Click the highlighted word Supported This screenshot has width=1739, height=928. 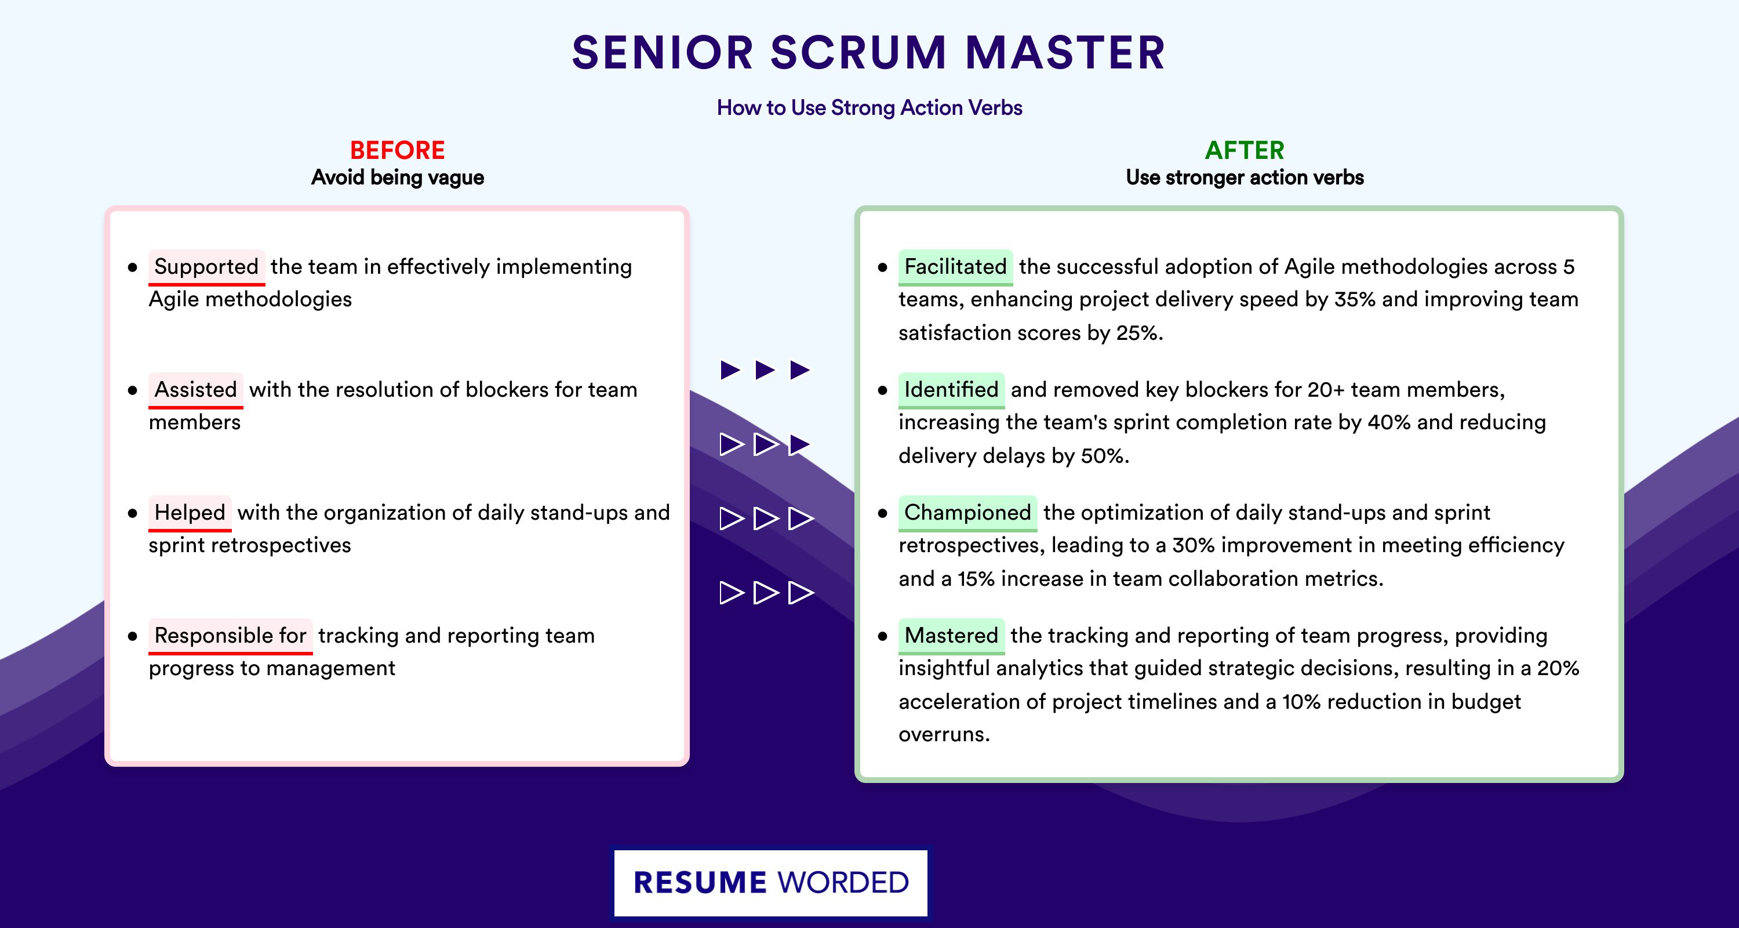pos(206,267)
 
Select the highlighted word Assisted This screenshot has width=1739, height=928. pos(196,390)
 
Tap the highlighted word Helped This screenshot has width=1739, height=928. pos(190,513)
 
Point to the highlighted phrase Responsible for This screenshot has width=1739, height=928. pos(230,636)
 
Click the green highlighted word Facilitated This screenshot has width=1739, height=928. pos(955,267)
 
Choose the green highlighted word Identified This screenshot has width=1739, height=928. pos(951,390)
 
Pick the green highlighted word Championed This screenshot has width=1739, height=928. pos(967,513)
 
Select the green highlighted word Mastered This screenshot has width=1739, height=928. pos(951,636)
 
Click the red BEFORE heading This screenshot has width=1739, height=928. pos(398,150)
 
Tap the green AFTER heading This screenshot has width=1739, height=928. pos(1245,150)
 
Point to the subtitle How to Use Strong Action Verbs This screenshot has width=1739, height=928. pos(869,107)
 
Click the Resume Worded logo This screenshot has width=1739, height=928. pos(771,883)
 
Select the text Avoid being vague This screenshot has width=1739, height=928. pos(398,177)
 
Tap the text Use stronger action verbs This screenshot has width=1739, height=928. pos(1245,177)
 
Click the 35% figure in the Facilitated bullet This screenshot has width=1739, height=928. pos(1355,299)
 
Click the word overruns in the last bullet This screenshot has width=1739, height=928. pos(944,734)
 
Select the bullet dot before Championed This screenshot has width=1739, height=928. pos(882,513)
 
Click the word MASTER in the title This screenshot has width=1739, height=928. pos(1065,53)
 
